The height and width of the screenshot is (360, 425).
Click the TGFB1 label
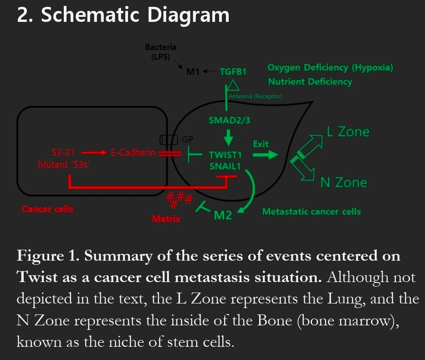click(233, 72)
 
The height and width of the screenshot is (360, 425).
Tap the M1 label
click(193, 72)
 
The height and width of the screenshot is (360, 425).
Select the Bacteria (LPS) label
click(160, 52)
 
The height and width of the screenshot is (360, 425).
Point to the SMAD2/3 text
click(229, 120)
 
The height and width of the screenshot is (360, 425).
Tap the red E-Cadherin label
click(133, 153)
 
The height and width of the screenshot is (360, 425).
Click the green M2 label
click(223, 215)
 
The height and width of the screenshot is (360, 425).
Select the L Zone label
click(348, 132)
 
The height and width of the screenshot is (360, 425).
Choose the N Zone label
click(343, 183)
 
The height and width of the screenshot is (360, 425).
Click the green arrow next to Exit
click(265, 155)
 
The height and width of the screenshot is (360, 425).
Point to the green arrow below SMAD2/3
click(229, 136)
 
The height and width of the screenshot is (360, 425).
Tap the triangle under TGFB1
click(233, 85)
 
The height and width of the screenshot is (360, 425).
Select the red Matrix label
click(166, 219)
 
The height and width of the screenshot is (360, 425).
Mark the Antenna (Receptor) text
click(255, 97)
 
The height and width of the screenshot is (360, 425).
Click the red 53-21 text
click(64, 153)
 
